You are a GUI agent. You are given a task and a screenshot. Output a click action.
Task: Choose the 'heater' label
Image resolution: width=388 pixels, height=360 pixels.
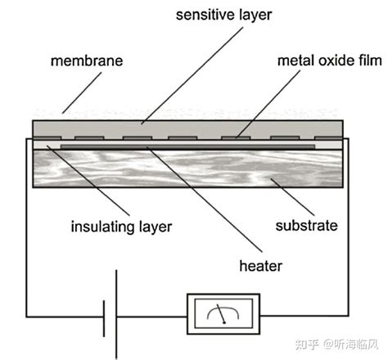(260, 266)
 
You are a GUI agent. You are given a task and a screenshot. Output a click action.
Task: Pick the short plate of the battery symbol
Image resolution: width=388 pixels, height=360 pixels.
(104, 317)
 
